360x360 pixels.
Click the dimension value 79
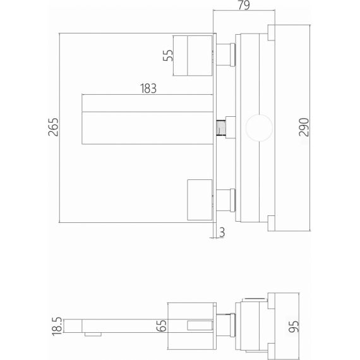[x=244, y=5]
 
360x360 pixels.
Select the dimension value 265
[x=53, y=127]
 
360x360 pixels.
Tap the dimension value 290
[x=304, y=127]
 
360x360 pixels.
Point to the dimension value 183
[x=148, y=88]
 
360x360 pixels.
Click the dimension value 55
[x=168, y=56]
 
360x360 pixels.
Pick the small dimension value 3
[x=222, y=232]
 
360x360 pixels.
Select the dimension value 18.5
[x=57, y=327]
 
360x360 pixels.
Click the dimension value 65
[x=162, y=325]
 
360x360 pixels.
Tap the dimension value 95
[x=294, y=327]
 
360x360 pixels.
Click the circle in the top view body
[x=259, y=128]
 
